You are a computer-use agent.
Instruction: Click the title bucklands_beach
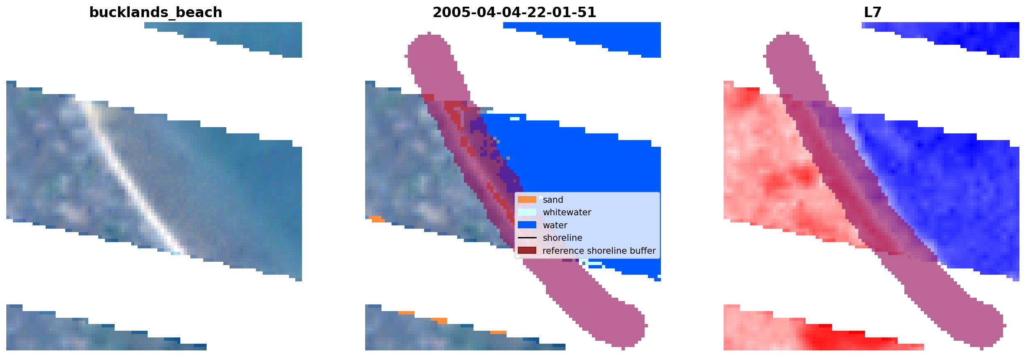tap(156, 13)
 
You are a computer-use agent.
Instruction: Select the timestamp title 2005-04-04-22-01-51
tap(514, 13)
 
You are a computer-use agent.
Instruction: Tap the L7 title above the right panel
tap(873, 13)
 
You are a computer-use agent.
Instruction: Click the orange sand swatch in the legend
tap(527, 200)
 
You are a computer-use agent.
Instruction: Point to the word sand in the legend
tap(553, 200)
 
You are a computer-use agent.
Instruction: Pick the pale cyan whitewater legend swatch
tap(527, 212)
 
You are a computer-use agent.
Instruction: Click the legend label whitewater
tap(567, 212)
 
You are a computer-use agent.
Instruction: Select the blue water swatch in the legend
tap(527, 225)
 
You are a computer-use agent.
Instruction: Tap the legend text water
tap(555, 225)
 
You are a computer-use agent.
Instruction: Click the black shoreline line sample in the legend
tap(527, 238)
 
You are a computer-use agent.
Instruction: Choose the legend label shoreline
tap(563, 238)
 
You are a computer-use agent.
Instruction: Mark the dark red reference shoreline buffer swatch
tap(527, 250)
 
